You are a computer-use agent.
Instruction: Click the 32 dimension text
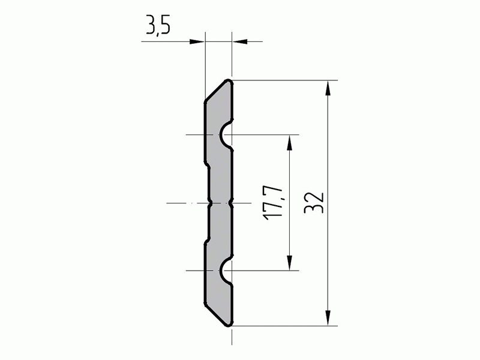314,202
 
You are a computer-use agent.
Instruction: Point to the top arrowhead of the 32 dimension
328,88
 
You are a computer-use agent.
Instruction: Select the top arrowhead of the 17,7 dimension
290,142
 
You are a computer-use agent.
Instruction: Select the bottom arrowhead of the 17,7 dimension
290,264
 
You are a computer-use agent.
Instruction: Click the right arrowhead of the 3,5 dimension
239,41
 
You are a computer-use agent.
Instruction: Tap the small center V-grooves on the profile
219,203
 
